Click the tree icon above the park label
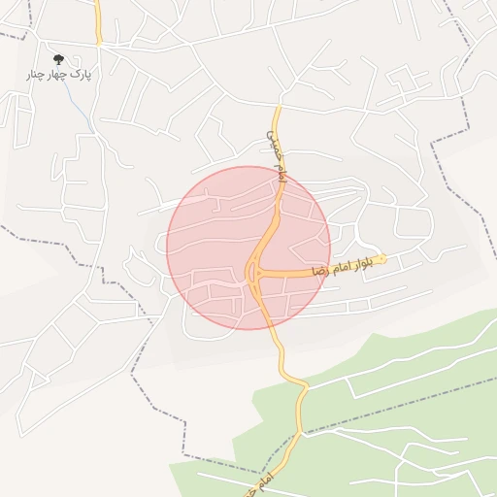coord(58,60)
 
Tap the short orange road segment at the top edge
coord(98,21)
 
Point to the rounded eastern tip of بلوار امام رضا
coord(383,258)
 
